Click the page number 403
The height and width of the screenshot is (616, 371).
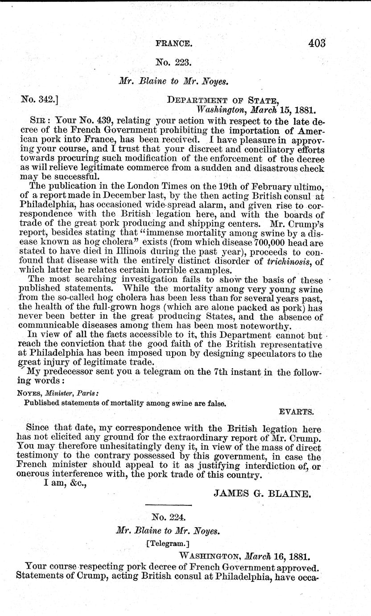pyautogui.click(x=317, y=43)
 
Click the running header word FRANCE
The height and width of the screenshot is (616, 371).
pyautogui.click(x=174, y=44)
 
